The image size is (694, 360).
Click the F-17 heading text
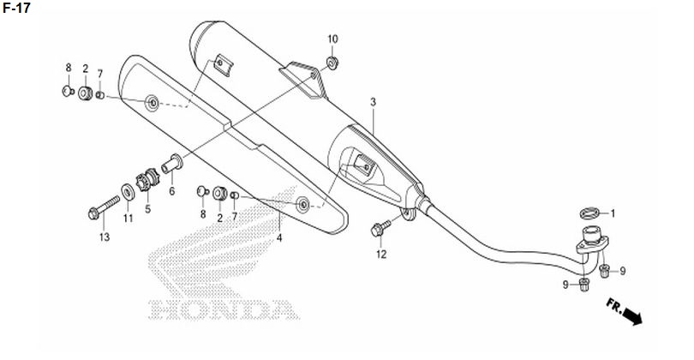pos(16,8)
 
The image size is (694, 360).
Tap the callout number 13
pos(104,237)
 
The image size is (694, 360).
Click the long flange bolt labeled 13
pos(104,207)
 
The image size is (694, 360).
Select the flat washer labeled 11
pos(129,193)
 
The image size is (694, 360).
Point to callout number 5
pos(147,209)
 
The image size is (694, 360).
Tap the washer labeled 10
pos(332,62)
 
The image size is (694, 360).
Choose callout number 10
pos(332,39)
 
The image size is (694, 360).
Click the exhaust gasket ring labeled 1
pos(590,213)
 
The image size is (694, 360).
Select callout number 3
pos(373,102)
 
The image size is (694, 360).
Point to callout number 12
pos(381,255)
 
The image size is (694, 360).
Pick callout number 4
pos(278,238)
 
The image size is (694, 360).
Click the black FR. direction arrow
pos(631,316)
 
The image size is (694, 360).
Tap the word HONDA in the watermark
pos(223,309)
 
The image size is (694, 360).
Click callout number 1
pos(613,214)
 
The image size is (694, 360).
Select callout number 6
pos(171,191)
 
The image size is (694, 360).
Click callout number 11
pos(128,219)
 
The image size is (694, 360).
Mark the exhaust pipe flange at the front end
pos(592,241)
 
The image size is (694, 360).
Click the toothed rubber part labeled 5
pos(148,180)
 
